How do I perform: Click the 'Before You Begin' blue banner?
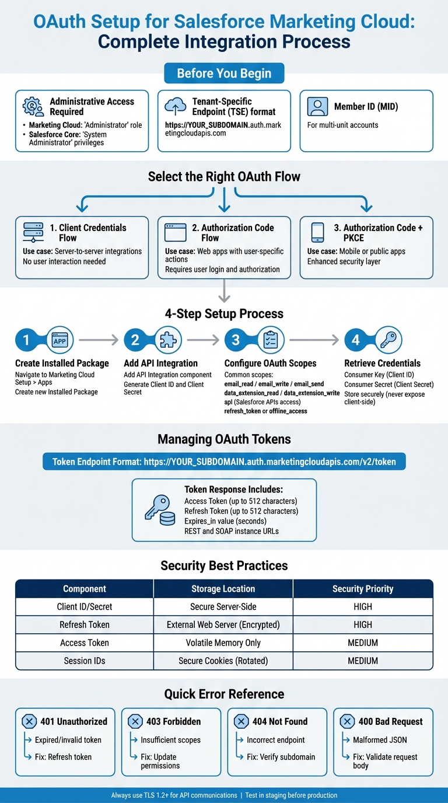coord(224,74)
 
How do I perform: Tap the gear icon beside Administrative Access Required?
coord(33,106)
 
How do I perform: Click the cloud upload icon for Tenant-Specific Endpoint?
coord(176,106)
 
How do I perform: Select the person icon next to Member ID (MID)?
coord(317,107)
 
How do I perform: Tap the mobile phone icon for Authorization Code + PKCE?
coord(317,232)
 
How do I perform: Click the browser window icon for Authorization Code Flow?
coord(176,232)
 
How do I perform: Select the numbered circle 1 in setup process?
coord(26,340)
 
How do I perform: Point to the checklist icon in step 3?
coord(270,340)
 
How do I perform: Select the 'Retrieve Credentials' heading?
coord(382,363)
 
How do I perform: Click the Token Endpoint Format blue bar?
coord(224,462)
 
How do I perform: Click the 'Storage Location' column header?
coord(223,589)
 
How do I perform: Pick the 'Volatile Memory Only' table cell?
coord(223,643)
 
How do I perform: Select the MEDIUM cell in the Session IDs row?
coord(363,661)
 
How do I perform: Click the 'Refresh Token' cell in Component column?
coord(85,624)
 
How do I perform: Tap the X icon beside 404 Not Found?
coord(242,721)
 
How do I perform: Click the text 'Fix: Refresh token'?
coord(63,757)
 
